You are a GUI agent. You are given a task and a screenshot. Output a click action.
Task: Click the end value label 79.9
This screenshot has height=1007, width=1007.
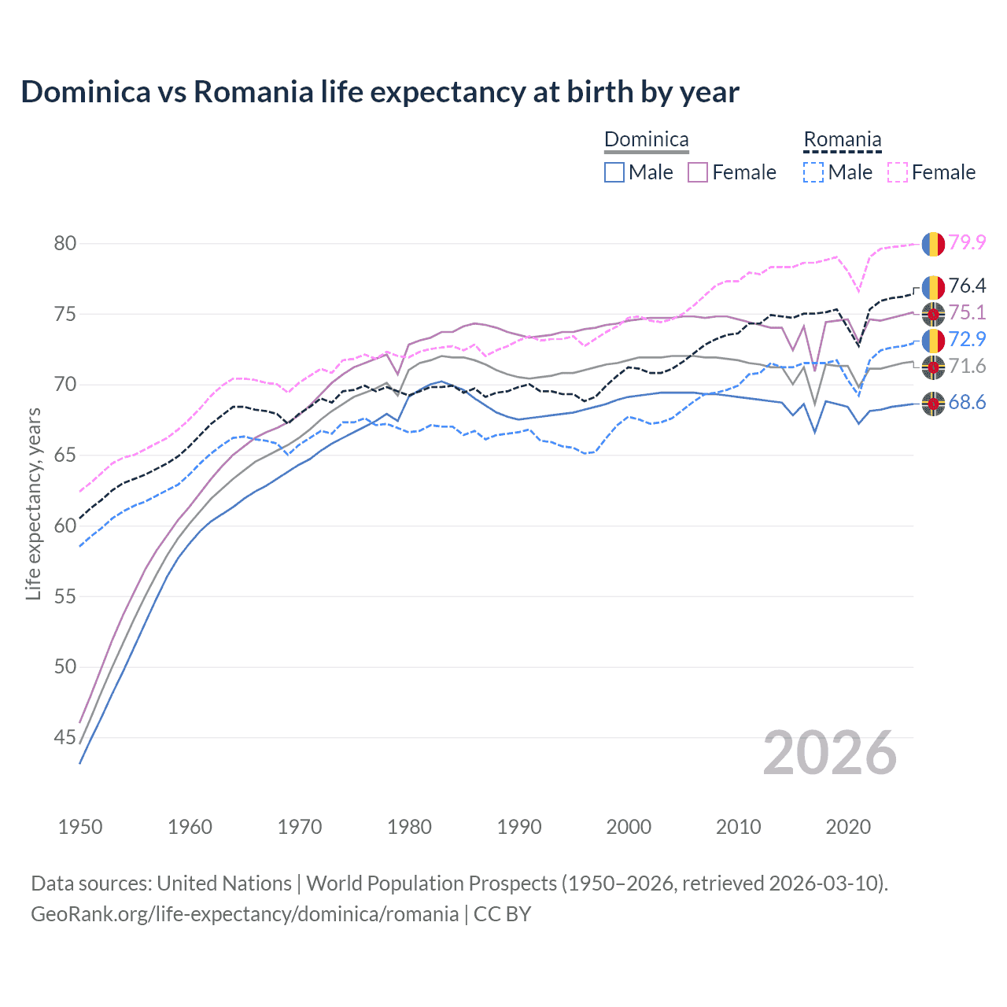tap(967, 242)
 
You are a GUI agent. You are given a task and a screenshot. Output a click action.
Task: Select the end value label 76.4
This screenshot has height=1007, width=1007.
tap(967, 286)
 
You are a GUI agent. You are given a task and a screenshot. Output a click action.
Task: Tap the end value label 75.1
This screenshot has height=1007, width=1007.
tap(967, 313)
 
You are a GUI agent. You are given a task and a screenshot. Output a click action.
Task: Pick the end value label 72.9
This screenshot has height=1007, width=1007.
tap(967, 339)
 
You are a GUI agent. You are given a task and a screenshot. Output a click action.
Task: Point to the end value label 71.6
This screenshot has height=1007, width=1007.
tap(967, 366)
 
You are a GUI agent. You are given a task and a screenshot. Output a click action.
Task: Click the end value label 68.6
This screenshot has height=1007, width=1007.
tap(967, 403)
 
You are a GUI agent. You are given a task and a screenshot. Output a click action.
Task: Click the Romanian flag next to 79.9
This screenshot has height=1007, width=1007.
tap(933, 243)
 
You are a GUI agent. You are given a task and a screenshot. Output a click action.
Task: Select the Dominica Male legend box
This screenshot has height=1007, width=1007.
tap(614, 172)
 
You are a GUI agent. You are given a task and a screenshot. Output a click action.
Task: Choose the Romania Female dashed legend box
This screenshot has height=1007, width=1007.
tap(898, 172)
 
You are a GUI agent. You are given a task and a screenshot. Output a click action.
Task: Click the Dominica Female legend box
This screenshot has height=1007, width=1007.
tap(698, 172)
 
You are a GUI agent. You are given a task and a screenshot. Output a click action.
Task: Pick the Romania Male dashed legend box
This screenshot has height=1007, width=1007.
tap(813, 172)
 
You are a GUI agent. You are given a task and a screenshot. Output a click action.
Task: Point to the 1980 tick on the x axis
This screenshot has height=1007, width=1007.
tap(409, 827)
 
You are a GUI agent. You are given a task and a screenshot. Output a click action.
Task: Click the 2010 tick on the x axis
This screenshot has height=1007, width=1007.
tap(738, 827)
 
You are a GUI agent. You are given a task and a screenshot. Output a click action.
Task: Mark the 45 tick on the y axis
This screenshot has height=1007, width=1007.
tap(65, 737)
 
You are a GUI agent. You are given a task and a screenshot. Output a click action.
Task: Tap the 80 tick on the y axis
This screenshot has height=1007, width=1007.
tap(65, 243)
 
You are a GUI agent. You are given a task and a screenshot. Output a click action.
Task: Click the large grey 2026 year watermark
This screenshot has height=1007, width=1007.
tap(829, 753)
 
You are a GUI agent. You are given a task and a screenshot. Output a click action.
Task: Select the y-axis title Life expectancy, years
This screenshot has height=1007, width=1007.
tap(33, 503)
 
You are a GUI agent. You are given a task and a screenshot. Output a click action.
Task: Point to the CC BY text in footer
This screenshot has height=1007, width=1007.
tap(502, 914)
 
